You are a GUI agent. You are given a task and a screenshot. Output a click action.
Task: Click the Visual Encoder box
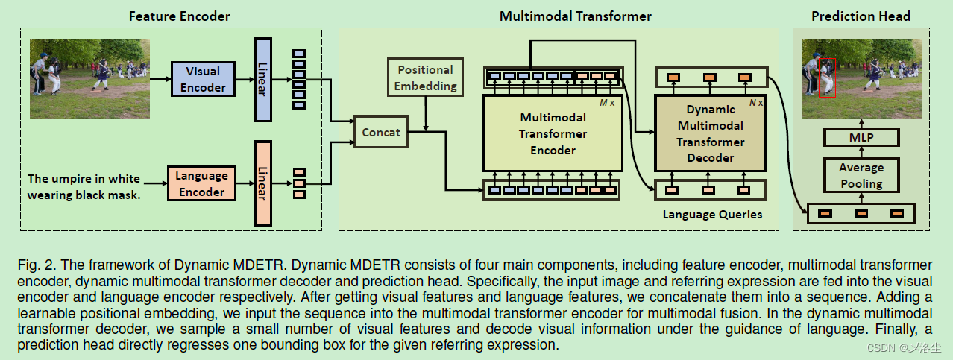(202, 79)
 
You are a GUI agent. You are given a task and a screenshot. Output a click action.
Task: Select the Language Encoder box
(201, 183)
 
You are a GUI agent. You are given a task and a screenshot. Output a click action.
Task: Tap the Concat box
(381, 133)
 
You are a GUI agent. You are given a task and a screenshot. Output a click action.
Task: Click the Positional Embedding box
(425, 78)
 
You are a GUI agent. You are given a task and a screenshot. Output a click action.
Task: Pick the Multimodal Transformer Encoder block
(553, 133)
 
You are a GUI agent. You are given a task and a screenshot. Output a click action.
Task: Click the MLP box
(861, 137)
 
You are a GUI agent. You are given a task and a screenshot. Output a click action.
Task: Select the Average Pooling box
(861, 176)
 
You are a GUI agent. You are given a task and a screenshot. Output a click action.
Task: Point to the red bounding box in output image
(826, 77)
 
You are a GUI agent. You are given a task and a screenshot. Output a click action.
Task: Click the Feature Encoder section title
(179, 16)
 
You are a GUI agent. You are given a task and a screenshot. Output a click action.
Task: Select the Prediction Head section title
(861, 16)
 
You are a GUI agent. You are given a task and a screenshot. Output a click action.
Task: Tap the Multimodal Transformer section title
(575, 16)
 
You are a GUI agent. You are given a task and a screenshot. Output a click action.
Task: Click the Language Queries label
(712, 215)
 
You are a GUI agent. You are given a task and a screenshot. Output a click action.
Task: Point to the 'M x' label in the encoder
(608, 102)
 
